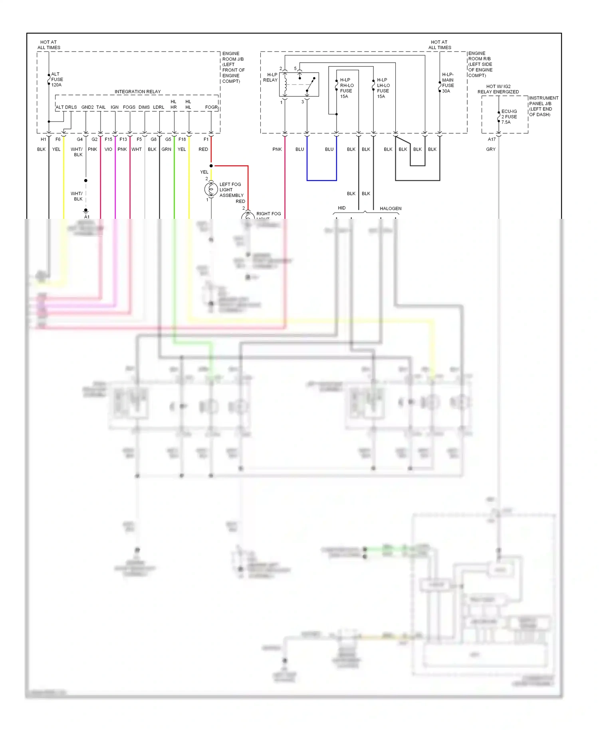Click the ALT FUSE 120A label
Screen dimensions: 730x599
click(57, 79)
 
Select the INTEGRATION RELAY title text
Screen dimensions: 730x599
click(137, 91)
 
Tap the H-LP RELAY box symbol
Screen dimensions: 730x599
click(299, 84)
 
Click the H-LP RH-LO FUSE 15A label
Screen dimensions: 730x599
click(346, 88)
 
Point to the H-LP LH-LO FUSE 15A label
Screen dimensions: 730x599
click(383, 88)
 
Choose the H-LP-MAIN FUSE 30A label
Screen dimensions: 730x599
click(448, 83)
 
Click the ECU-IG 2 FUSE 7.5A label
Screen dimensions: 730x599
click(509, 117)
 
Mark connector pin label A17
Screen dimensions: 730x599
click(492, 139)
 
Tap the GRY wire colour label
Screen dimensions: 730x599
click(491, 149)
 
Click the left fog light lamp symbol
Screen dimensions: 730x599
click(211, 189)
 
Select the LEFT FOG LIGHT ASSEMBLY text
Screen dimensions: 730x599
click(231, 190)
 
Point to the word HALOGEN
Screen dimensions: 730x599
click(391, 208)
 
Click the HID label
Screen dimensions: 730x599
click(342, 208)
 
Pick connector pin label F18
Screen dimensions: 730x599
click(182, 139)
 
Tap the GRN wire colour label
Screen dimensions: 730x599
click(166, 149)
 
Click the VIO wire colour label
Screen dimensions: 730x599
click(108, 149)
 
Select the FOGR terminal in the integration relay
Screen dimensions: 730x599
click(211, 107)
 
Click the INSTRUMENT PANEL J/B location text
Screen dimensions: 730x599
click(543, 106)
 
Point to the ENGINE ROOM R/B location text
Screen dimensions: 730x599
click(480, 64)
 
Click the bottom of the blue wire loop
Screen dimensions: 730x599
click(321, 181)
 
